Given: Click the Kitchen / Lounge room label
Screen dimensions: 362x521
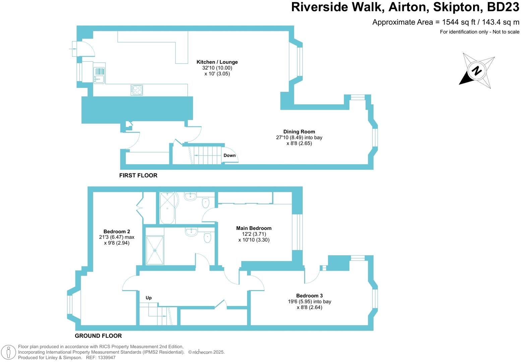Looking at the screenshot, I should click(x=217, y=62).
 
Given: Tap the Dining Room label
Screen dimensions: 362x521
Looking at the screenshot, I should click(x=299, y=132).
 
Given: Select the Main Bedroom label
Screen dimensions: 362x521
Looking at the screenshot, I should click(x=254, y=228).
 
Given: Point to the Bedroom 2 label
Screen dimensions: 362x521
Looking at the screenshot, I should click(x=117, y=232).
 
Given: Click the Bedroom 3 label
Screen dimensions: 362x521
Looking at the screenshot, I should click(x=309, y=296).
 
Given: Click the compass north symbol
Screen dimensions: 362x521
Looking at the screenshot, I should click(x=477, y=71).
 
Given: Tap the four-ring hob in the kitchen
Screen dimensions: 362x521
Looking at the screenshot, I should click(x=137, y=90).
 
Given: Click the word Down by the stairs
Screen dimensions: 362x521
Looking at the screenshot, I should click(x=230, y=156).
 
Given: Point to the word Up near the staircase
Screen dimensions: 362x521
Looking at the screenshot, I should click(x=149, y=298).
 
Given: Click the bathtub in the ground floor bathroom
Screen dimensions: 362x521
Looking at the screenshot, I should click(x=167, y=208).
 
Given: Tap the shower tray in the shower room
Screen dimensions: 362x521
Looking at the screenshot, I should click(x=155, y=250).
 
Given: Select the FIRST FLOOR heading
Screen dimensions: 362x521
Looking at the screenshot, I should click(x=138, y=175).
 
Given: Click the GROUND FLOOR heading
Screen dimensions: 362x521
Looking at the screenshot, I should click(x=98, y=336).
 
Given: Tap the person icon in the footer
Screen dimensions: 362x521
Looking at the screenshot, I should click(x=9, y=352).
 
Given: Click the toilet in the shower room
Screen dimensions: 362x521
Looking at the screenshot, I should click(x=207, y=237).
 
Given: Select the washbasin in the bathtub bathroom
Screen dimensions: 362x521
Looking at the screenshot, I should click(x=190, y=196).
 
